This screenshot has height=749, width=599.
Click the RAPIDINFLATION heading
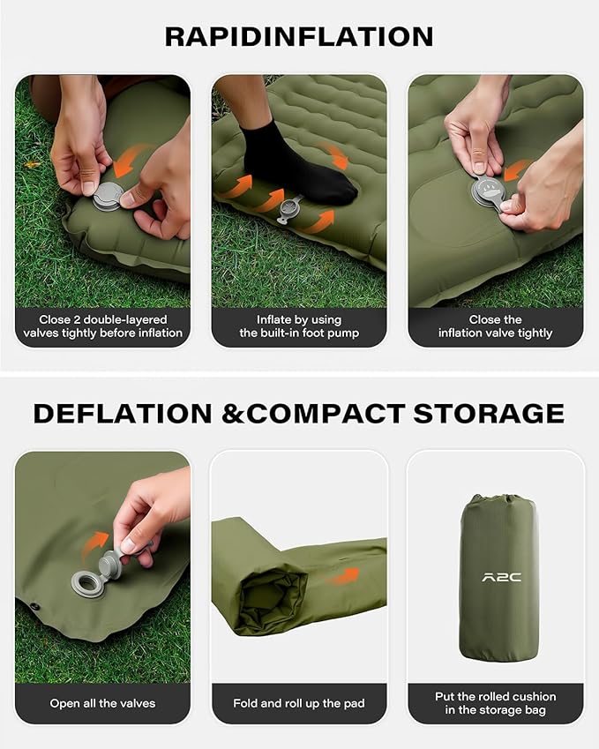pos(299,36)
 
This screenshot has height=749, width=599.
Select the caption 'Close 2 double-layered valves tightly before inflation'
pos(102,326)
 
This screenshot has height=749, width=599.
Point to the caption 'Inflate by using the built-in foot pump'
pos(298,326)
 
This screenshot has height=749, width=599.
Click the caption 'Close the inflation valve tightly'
pos(495,326)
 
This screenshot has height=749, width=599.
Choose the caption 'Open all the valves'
pos(102,703)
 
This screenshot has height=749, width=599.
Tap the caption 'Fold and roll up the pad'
pos(298,703)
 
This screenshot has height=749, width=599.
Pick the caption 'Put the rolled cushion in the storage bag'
pos(495,703)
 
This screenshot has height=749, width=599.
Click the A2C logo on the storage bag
pos(501,577)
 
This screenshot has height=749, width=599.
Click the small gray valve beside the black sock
pos(289,210)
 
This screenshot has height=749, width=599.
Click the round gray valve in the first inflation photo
pos(108,196)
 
